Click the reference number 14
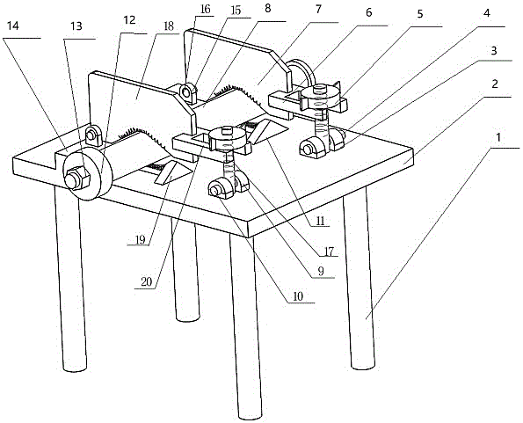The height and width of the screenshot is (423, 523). (x=13, y=26)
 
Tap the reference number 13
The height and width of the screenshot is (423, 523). (x=76, y=26)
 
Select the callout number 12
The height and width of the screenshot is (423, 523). (x=129, y=20)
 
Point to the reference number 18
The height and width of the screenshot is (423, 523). (x=169, y=26)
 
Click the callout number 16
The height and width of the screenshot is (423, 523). (x=206, y=9)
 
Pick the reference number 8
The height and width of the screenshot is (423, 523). (x=268, y=9)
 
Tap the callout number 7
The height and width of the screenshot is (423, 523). (x=318, y=9)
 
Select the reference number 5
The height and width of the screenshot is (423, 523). (x=420, y=14)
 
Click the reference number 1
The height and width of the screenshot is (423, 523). (x=498, y=137)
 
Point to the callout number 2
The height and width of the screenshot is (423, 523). (x=495, y=84)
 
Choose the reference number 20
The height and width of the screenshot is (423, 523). (x=147, y=282)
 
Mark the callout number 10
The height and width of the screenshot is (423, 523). (x=297, y=296)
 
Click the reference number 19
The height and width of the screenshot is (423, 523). (x=141, y=240)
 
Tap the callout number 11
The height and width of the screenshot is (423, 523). (x=321, y=221)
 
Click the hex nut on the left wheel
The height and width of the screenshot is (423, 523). (x=77, y=179)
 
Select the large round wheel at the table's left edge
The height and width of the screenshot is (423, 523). (x=88, y=174)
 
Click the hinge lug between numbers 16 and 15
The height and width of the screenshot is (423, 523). (x=188, y=92)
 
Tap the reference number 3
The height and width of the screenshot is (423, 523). (x=494, y=51)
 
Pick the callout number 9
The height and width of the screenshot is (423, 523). (x=321, y=272)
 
